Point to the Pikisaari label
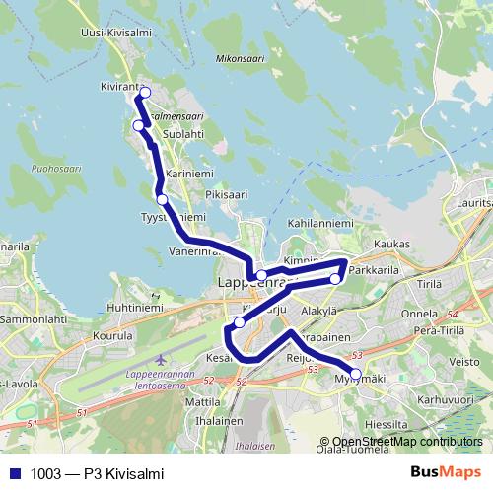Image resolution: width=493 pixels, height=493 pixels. coord(225,195)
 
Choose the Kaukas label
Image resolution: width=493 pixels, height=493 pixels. coord(392,244)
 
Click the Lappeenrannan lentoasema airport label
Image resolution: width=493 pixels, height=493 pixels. coord(164,380)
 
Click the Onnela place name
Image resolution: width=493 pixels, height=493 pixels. coord(419,314)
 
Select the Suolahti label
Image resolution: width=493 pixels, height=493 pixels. coord(183,134)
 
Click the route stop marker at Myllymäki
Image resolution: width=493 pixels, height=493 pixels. coord(356,374)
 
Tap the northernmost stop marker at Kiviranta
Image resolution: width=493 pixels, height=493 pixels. coord(144,93)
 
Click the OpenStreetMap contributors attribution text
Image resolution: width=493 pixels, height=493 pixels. coord(407,442)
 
